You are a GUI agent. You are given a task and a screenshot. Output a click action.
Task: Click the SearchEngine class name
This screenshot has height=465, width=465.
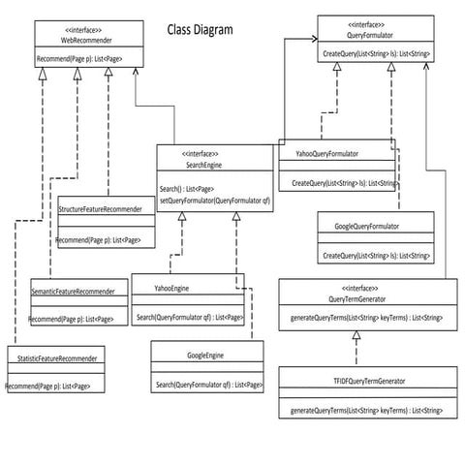(201, 166)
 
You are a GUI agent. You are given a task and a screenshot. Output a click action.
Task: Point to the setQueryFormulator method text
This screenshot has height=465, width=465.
(215, 200)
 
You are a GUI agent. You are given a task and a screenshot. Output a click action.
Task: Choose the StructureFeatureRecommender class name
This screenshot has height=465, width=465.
(101, 208)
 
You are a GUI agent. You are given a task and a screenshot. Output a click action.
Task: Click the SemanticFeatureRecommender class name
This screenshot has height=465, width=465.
(73, 292)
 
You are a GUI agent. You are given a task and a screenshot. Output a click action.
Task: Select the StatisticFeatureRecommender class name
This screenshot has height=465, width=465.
(57, 359)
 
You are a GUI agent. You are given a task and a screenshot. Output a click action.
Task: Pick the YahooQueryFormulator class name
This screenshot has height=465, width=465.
(326, 153)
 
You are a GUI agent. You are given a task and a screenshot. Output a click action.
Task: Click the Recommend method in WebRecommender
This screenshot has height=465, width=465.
(85, 60)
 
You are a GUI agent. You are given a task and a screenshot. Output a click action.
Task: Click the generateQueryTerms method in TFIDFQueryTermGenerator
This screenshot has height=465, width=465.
(366, 411)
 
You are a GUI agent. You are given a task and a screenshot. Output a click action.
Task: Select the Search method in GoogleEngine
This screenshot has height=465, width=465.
(208, 385)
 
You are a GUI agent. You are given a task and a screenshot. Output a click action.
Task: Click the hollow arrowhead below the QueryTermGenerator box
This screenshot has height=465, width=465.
(356, 335)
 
